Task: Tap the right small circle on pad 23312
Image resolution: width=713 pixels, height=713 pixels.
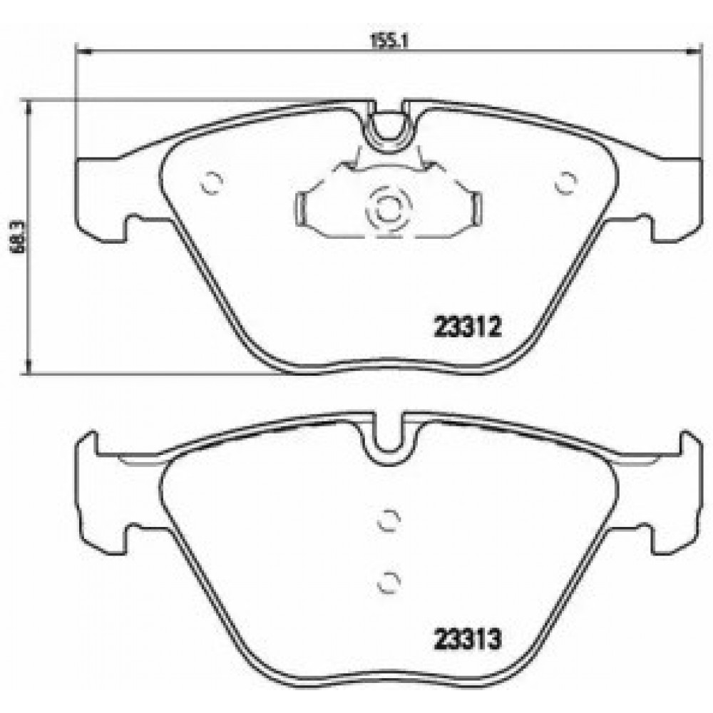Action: (566, 184)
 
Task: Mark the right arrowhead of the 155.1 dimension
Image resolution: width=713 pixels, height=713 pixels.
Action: (692, 51)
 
